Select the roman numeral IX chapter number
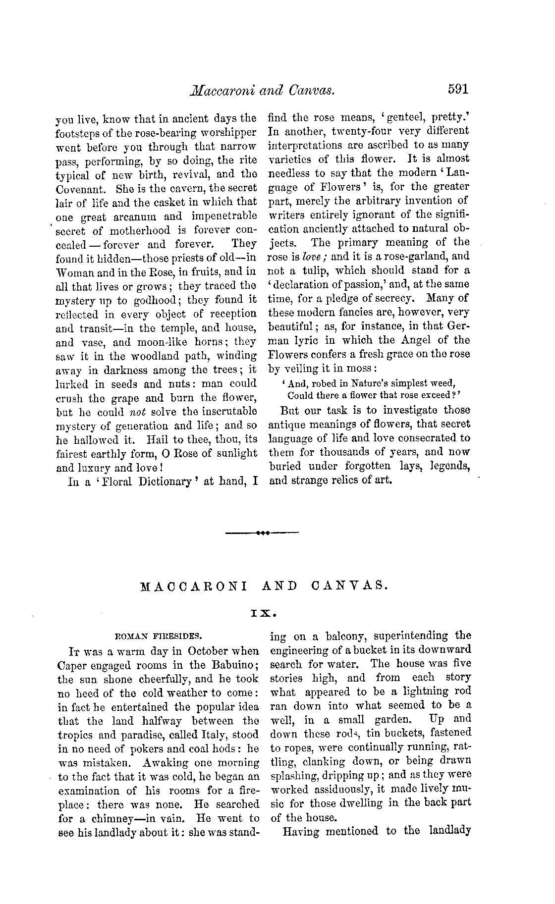(263, 613)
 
